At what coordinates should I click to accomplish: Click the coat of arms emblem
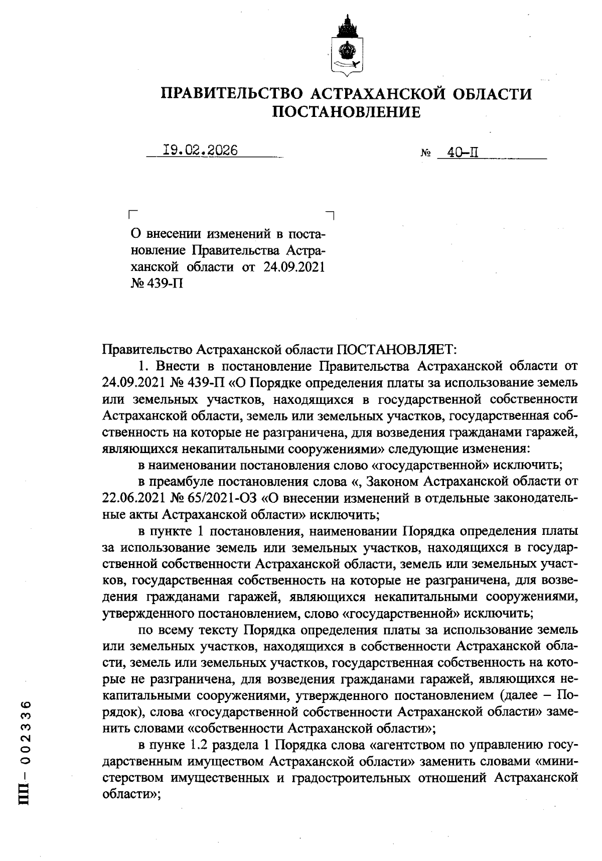click(x=346, y=46)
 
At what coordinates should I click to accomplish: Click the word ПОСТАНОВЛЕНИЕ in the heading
click(x=346, y=112)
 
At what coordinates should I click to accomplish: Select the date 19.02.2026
click(x=201, y=150)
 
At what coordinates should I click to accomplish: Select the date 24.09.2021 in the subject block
click(x=293, y=266)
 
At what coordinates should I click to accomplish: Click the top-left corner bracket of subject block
click(x=132, y=214)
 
